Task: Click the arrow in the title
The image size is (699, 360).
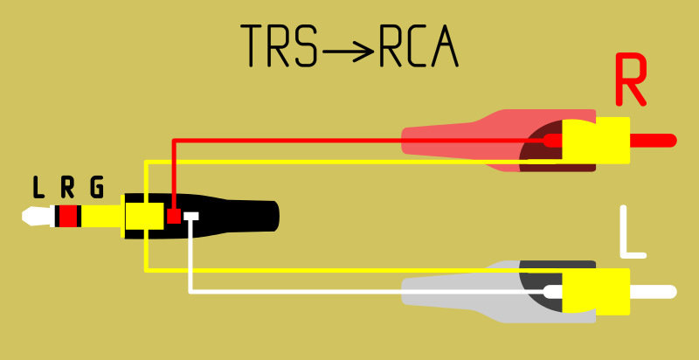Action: click(349, 52)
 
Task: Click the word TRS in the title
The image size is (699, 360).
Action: click(280, 46)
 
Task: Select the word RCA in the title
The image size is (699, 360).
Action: click(419, 46)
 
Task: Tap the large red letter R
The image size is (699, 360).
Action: click(630, 80)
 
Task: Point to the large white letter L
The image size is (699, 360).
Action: click(633, 232)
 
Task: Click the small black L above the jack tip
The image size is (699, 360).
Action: click(38, 187)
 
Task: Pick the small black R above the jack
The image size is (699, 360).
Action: click(67, 187)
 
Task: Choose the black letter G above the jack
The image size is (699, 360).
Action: click(97, 187)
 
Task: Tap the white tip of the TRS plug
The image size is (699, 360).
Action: click(38, 216)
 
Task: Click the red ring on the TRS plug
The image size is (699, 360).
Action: click(68, 216)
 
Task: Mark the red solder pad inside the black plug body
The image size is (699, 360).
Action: click(173, 216)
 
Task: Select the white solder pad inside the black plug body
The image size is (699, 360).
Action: click(191, 216)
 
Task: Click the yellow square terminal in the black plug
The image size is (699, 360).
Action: click(144, 216)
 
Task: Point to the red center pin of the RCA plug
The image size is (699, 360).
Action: click(654, 141)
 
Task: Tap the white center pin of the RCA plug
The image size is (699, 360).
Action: click(654, 292)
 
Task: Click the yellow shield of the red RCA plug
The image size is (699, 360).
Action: click(596, 141)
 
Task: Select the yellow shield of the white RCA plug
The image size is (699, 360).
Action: click(596, 292)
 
